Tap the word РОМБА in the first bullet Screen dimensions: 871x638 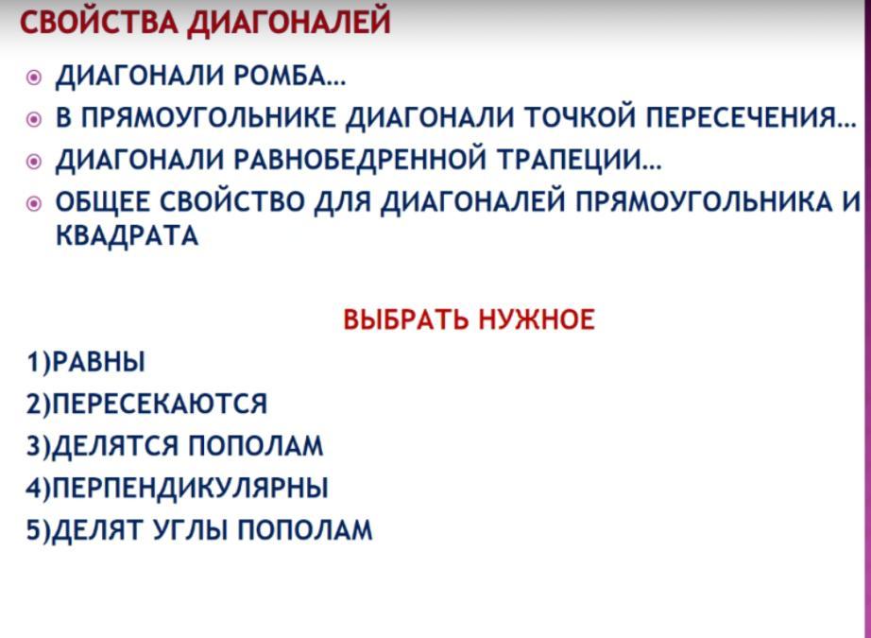289,76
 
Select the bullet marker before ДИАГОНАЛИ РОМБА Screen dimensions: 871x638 34,78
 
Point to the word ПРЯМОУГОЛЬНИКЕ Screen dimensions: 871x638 209,117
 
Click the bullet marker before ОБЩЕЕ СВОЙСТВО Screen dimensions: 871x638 34,204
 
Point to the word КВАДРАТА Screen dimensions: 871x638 127,235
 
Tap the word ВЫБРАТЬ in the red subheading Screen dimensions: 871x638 405,319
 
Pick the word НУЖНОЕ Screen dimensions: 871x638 536,319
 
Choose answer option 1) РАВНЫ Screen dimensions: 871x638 86,362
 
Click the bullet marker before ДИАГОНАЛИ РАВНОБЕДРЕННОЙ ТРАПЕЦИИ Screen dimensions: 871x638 34,162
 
